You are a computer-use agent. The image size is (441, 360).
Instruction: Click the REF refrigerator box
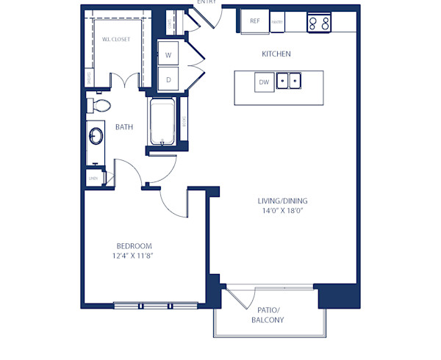255,21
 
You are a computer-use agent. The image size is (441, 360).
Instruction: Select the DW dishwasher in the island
264,82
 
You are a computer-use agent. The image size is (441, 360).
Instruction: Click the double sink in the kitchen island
290,80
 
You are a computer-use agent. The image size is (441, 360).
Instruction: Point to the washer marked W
168,55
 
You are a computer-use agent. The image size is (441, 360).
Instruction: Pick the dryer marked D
168,79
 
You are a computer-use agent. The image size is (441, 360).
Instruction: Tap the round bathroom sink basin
96,137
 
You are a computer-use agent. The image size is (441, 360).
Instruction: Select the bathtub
161,123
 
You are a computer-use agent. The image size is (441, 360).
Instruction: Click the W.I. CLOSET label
115,40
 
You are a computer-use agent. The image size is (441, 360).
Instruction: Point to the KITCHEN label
276,54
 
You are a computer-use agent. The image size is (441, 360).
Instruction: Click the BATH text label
124,127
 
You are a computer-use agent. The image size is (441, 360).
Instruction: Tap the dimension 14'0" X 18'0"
282,211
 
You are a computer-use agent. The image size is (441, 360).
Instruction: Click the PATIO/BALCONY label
268,315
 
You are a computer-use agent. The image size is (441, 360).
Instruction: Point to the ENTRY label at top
207,2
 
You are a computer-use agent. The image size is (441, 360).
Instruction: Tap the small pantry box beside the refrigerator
277,22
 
